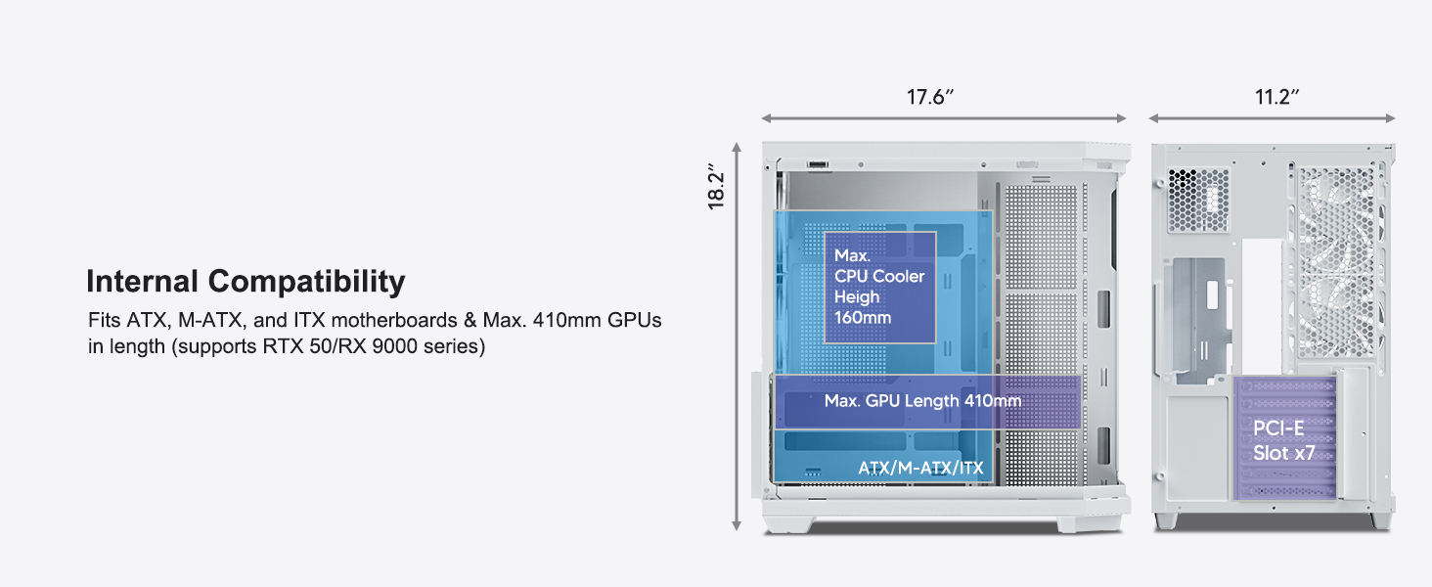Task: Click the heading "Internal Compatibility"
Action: [x=246, y=282]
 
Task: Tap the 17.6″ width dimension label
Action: [x=929, y=97]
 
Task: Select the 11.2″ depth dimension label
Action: [x=1275, y=97]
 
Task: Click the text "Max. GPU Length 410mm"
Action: [x=922, y=401]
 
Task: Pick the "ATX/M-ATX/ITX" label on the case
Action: [x=919, y=469]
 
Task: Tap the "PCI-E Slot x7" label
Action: [x=1284, y=440]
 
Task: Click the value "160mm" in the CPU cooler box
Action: [x=863, y=318]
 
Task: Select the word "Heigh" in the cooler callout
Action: [x=857, y=297]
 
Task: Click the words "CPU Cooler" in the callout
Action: [x=878, y=276]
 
